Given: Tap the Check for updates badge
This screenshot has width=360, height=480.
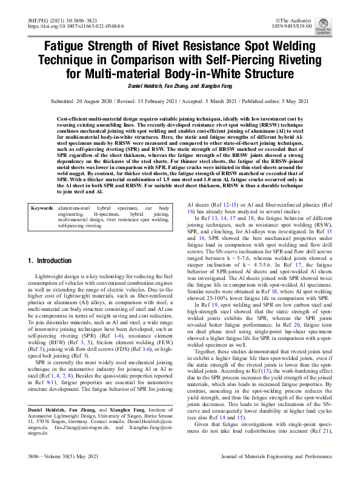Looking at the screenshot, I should point(340,27).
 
